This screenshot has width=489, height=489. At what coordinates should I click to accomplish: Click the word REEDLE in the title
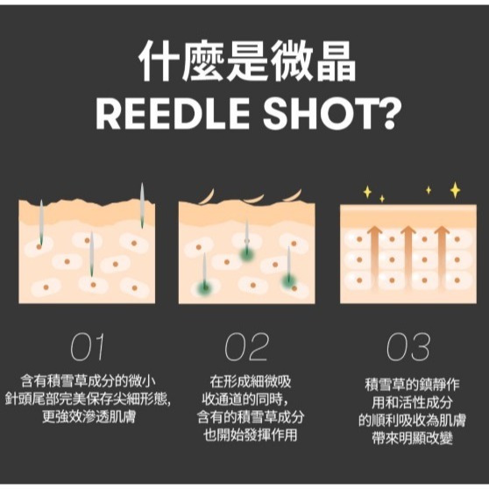click(x=173, y=114)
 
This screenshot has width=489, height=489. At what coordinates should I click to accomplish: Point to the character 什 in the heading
click(x=159, y=62)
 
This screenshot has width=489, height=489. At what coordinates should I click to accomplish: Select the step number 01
click(x=87, y=347)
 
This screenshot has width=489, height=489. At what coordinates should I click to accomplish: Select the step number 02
click(x=246, y=347)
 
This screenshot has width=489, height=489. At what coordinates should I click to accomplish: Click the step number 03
click(x=407, y=347)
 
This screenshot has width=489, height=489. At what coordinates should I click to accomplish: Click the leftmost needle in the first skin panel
click(x=41, y=223)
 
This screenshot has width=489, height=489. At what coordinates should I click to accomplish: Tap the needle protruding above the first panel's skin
click(x=142, y=205)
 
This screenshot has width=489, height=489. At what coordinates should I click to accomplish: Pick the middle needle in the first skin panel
click(x=91, y=253)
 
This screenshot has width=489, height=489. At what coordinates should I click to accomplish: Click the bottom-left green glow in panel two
click(x=205, y=287)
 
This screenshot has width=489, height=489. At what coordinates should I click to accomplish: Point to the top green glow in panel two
click(x=246, y=252)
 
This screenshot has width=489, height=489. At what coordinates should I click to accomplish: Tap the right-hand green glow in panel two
click(x=289, y=280)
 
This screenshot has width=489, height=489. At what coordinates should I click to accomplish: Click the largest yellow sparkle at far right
click(x=456, y=190)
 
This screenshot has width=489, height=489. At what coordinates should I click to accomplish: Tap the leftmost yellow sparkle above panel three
click(x=368, y=192)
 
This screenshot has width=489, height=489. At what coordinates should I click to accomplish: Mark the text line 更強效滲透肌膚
click(x=89, y=417)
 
